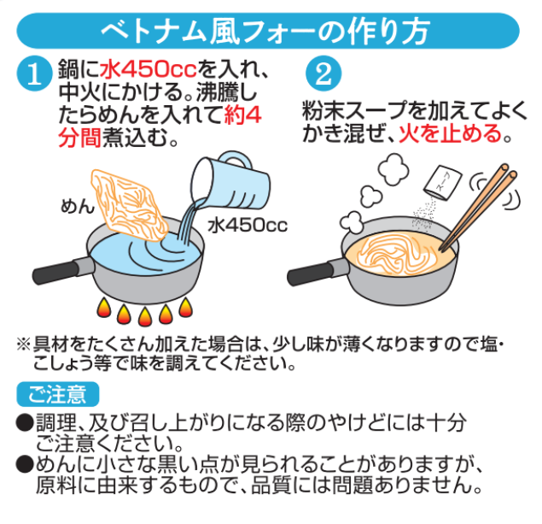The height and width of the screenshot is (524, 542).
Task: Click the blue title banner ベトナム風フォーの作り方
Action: [x=268, y=31]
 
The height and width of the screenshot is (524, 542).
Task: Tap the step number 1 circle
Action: [x=34, y=74]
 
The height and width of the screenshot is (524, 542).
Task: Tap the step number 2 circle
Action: [x=323, y=74]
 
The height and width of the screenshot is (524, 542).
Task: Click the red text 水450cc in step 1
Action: [x=149, y=69]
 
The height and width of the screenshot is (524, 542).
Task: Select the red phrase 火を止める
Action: [x=450, y=134]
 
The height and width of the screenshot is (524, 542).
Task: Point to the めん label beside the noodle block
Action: [x=77, y=206]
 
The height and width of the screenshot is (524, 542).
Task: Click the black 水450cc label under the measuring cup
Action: [x=248, y=226]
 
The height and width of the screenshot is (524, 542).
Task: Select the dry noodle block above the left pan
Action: [x=129, y=205]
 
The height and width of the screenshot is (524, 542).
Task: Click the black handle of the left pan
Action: [x=56, y=274]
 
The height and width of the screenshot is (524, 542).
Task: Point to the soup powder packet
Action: [x=443, y=183]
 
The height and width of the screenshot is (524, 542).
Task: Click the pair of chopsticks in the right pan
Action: [x=478, y=207]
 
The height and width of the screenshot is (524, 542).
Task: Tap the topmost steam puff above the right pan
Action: [x=393, y=169]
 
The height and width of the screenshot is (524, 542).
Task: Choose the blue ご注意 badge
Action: [x=58, y=394]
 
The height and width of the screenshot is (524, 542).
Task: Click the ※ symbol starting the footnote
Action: [x=24, y=344]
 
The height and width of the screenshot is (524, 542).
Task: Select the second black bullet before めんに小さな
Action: [x=25, y=464]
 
